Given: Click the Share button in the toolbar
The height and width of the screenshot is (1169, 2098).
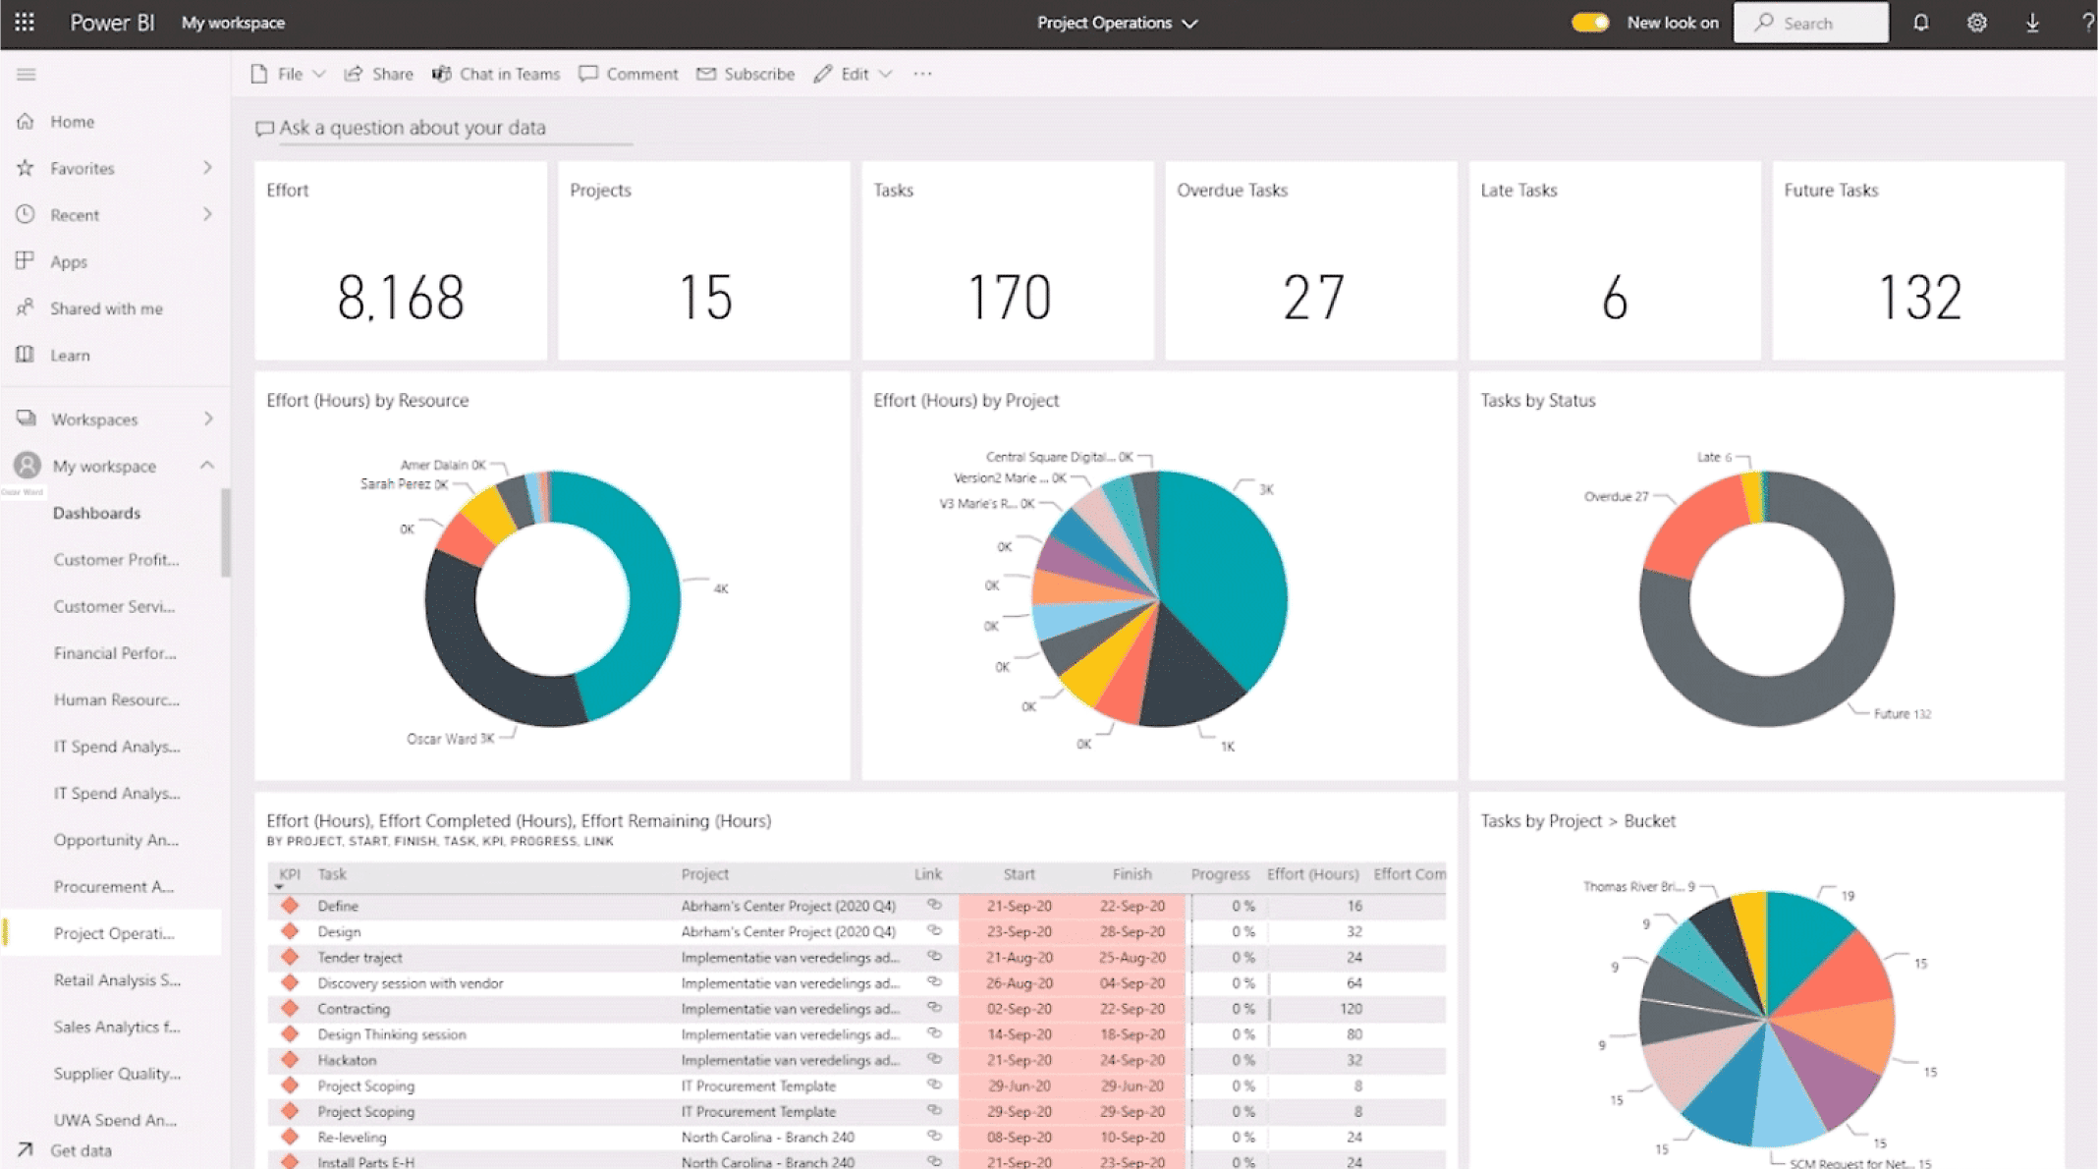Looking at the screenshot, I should pos(379,74).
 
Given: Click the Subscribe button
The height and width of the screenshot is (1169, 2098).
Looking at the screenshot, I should pos(745,74).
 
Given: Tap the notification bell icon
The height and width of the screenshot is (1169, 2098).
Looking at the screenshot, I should pos(1920,23).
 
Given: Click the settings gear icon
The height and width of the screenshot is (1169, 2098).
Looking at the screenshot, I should pos(1976,23).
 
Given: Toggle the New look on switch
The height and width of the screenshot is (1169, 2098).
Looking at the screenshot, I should pos(1589,23).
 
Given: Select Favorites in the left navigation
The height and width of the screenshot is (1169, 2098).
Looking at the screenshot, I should pos(83,168).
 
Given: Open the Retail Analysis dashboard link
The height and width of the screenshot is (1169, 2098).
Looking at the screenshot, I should pos(117,979).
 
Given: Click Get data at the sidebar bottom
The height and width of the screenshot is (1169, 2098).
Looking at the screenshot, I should pos(81,1150).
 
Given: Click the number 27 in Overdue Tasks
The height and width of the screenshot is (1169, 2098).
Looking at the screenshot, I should pos(1312,298).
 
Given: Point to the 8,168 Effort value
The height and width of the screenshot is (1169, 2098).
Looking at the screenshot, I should pos(401,298).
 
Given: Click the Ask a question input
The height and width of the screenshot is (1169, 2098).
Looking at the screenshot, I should pos(413,128).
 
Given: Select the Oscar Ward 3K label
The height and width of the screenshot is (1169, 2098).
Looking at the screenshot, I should pos(450,739).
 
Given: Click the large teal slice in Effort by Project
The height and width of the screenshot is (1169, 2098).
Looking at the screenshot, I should pos(1228,580).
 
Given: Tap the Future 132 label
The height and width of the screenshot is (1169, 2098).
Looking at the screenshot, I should pos(1902,714).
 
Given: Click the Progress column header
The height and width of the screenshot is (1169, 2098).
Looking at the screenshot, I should pos(1220,873).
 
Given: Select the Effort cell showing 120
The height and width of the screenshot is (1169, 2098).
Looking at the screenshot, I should pos(1351,1009).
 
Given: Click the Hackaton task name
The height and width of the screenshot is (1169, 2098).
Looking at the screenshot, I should pos(347,1060).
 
